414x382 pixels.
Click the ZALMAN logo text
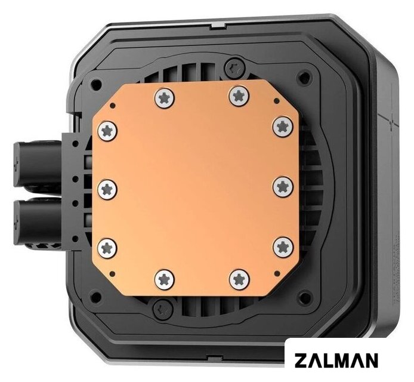point(336,360)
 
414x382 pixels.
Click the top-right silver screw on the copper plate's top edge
point(239,95)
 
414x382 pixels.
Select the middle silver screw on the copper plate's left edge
point(107,189)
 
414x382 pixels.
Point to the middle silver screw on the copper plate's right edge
point(283,186)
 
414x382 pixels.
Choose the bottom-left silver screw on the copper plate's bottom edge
point(165,279)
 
